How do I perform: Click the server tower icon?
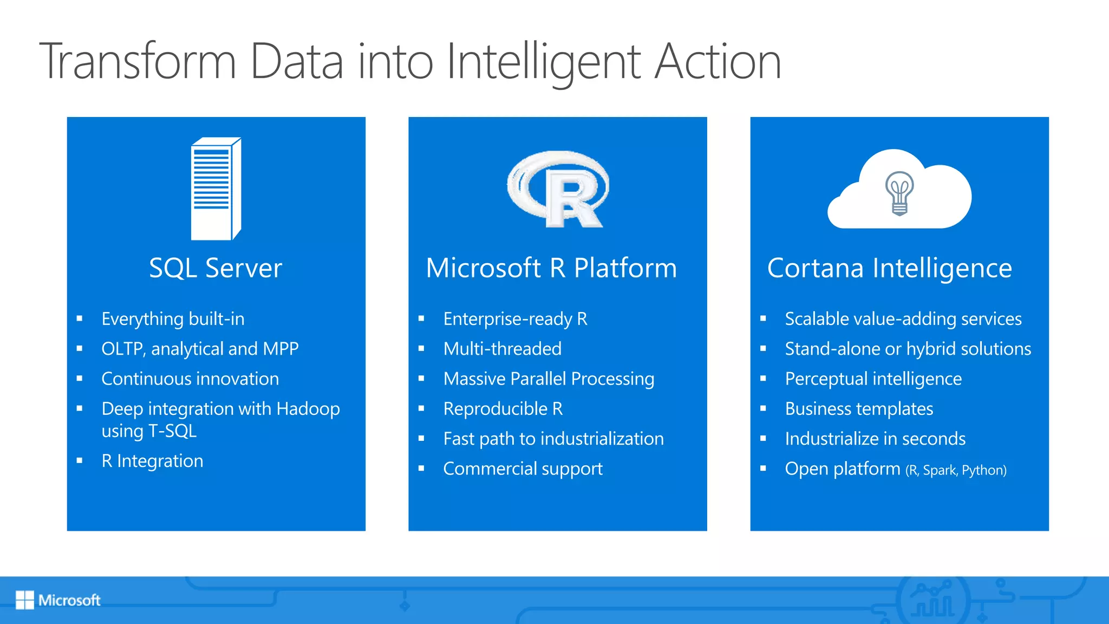216,188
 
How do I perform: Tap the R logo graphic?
558,189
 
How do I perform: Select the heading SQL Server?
216,268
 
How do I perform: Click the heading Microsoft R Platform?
551,268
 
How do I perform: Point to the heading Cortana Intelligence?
889,268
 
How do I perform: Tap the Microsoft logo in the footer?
58,600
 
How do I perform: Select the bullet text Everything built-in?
173,319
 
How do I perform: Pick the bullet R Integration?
152,461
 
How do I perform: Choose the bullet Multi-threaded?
502,349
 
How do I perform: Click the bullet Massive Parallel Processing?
549,379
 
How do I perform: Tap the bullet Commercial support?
523,469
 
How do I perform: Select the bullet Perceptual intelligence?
873,379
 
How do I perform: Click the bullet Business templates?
859,409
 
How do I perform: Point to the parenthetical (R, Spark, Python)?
956,470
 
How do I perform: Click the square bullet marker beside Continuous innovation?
80,379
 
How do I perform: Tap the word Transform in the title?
138,62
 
